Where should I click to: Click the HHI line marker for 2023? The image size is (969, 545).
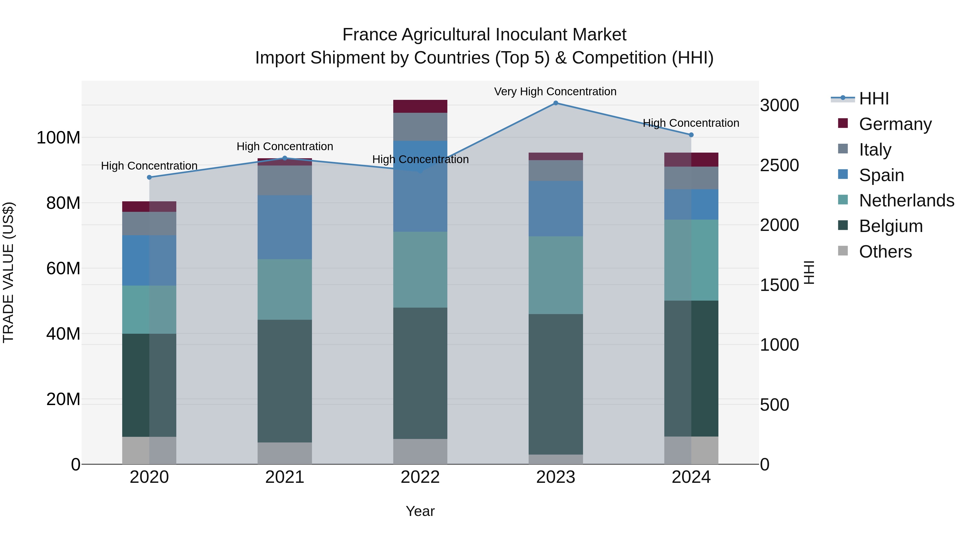(556, 103)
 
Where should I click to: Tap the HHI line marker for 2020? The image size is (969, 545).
(149, 177)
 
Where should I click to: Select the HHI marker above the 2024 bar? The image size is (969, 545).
(691, 135)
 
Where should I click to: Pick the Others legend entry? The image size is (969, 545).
(885, 252)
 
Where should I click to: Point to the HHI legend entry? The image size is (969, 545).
(873, 99)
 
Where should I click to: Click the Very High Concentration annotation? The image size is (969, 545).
(555, 92)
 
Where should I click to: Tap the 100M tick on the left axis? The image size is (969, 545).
(58, 138)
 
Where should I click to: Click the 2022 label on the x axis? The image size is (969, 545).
(420, 477)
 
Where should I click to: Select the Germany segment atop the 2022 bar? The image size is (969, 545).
(420, 106)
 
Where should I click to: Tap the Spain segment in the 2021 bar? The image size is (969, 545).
(285, 227)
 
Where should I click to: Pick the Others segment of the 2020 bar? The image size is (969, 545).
(149, 450)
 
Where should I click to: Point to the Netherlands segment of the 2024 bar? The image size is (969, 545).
(691, 260)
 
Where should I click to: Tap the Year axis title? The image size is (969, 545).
(420, 511)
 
